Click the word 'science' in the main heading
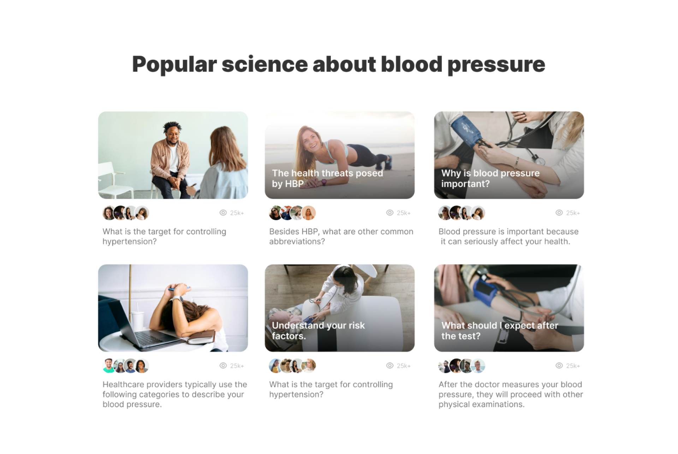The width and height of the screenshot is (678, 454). coord(265,64)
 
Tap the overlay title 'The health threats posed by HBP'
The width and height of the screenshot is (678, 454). coord(327,178)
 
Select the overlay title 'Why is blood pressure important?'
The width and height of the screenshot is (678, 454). coord(490,178)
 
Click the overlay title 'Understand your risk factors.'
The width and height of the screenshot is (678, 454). coord(318,331)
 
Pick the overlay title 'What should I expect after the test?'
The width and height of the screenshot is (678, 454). coord(500,331)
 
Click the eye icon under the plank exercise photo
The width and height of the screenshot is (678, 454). coord(389,213)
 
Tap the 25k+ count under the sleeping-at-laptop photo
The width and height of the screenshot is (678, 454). coord(237,366)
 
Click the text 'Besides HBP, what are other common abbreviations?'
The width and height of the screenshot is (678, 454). coord(341,236)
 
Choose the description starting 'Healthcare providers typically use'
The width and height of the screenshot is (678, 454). coord(175,394)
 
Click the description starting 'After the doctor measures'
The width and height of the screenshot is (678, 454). coord(511,394)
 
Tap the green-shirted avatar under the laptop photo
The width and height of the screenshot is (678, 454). coord(109,366)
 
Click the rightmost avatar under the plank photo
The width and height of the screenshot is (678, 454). coord(309,213)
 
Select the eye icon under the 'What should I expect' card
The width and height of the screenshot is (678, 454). coord(559,366)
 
